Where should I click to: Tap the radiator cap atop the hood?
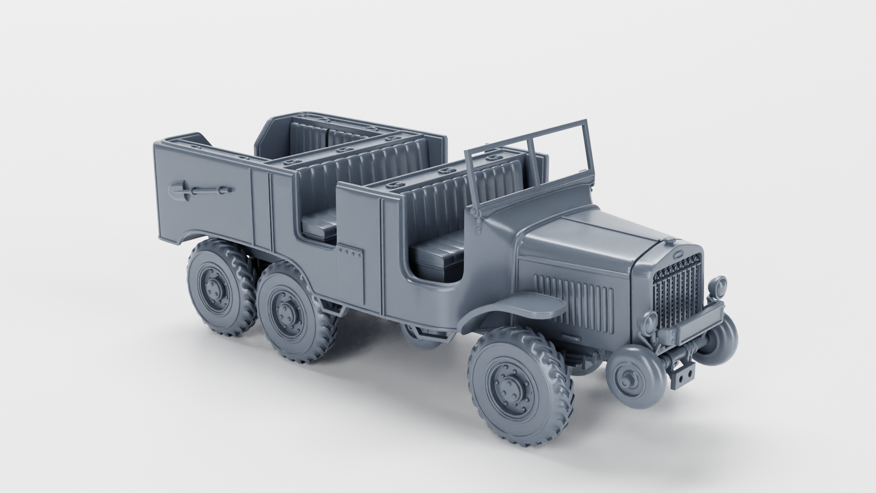click(669, 241)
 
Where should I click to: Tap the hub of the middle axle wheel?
click(286, 313)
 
